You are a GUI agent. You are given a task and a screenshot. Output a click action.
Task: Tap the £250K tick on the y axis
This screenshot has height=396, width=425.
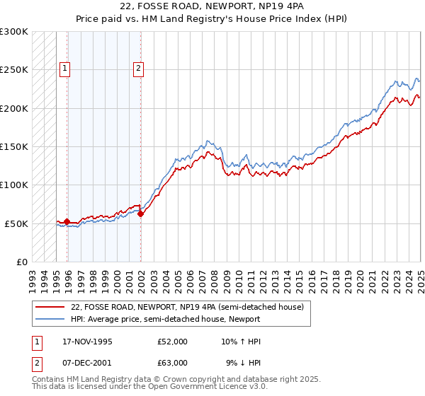point(14,70)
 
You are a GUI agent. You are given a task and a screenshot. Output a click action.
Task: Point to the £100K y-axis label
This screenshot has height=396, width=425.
point(14,185)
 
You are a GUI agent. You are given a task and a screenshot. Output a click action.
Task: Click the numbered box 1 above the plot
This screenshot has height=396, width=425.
point(64,69)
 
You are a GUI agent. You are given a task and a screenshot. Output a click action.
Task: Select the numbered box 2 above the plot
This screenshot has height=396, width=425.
point(138,69)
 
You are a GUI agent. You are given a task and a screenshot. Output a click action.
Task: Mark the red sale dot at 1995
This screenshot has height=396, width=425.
point(67,221)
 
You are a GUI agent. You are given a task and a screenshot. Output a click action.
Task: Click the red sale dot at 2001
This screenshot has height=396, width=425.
point(141,214)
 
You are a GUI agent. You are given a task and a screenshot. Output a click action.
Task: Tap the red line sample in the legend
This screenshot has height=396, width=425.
point(50,307)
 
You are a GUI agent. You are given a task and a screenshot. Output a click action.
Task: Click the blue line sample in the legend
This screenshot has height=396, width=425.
point(50,318)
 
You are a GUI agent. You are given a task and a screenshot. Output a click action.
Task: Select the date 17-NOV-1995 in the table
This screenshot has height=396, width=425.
point(88,342)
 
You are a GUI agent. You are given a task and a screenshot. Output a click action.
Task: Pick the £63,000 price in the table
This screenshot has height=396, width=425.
point(173,363)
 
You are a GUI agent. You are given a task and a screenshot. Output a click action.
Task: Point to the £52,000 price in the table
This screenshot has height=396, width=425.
point(173,342)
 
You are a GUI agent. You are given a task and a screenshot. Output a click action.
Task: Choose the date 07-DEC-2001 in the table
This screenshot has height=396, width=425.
point(88,363)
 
